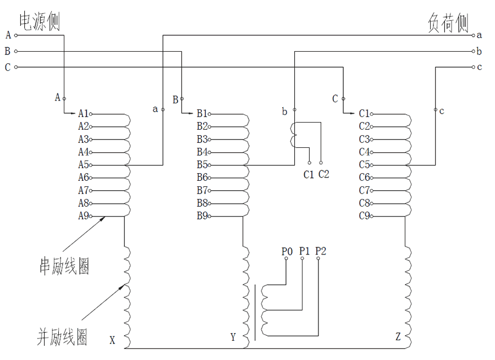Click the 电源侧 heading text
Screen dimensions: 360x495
(x=40, y=22)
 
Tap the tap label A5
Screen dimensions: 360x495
(x=83, y=165)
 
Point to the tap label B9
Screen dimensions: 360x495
(x=202, y=216)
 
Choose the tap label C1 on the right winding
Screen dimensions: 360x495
(x=364, y=114)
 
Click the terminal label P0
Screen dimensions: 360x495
(x=287, y=251)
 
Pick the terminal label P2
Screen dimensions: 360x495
(x=321, y=251)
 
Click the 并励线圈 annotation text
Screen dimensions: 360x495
(x=62, y=336)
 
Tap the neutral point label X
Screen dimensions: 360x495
(x=112, y=340)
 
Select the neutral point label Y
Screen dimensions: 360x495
(x=233, y=337)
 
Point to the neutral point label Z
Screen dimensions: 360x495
(x=398, y=336)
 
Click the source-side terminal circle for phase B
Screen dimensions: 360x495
(x=16, y=52)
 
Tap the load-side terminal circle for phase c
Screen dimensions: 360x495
(x=473, y=68)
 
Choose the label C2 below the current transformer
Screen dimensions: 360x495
(x=324, y=175)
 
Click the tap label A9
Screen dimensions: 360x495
(x=83, y=216)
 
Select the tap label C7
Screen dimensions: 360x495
(x=364, y=190)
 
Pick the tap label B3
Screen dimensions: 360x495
(x=202, y=139)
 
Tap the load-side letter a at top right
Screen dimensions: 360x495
(x=480, y=35)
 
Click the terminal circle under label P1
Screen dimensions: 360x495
(x=302, y=259)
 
